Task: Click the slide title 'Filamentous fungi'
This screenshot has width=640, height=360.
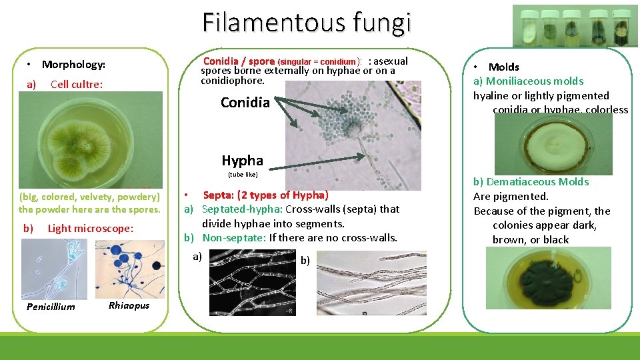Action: coord(307,23)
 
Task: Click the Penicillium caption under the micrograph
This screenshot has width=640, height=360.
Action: coord(50,307)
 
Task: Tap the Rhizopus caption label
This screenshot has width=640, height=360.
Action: coord(129,305)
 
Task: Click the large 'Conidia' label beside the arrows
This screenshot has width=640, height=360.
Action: coord(245,103)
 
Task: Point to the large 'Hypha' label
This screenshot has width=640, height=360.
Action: coord(242,161)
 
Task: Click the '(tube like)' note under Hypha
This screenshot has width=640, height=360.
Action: coord(242,175)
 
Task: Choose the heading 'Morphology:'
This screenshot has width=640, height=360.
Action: coord(73,65)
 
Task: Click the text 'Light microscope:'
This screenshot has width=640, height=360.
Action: coord(90,229)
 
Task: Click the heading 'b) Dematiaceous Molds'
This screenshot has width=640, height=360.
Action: coord(531,182)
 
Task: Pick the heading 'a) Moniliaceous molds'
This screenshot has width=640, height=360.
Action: coord(528,81)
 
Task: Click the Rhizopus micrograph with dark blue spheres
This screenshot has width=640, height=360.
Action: coord(129,268)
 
